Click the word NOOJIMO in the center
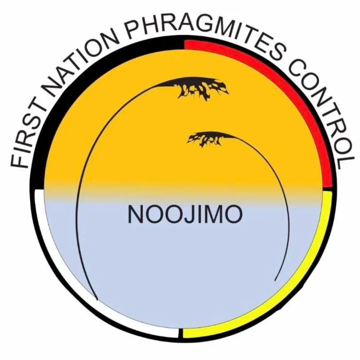coord(185,215)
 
